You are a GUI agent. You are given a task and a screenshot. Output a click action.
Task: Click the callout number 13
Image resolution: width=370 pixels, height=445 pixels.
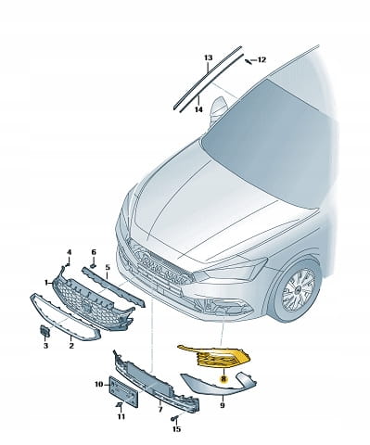click(209, 57)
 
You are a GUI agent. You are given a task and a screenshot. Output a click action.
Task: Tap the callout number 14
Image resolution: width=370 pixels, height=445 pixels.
click(198, 109)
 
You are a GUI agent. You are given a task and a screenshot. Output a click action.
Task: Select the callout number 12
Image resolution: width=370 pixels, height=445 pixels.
click(262, 59)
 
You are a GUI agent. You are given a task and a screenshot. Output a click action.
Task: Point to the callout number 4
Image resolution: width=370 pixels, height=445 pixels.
click(69, 252)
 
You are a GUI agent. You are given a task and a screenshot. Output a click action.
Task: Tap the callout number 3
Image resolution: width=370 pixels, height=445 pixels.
click(45, 346)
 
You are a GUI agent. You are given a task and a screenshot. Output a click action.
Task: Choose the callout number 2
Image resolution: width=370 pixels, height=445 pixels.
click(71, 346)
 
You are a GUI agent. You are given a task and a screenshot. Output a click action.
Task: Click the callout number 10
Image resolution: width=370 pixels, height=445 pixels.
click(98, 385)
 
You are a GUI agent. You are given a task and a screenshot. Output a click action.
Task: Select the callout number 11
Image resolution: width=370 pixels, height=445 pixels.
click(121, 416)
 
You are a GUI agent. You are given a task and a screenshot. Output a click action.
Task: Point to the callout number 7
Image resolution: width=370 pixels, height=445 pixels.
click(160, 410)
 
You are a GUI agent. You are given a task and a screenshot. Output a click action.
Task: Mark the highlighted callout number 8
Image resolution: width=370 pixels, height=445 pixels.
click(223, 378)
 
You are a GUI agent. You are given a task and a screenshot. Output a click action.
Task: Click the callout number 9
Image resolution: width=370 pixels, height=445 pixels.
click(223, 405)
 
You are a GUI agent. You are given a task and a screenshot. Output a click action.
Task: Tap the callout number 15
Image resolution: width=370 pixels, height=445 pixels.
click(176, 429)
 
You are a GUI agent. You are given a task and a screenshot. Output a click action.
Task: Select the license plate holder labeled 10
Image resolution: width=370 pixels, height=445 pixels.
click(124, 390)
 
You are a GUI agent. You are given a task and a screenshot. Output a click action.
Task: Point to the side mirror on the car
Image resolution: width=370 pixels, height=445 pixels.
click(219, 109)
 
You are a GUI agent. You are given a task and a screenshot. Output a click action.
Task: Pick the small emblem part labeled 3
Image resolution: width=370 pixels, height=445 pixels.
click(45, 332)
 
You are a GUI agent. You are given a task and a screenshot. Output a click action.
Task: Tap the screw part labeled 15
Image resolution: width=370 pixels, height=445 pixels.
click(173, 419)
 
